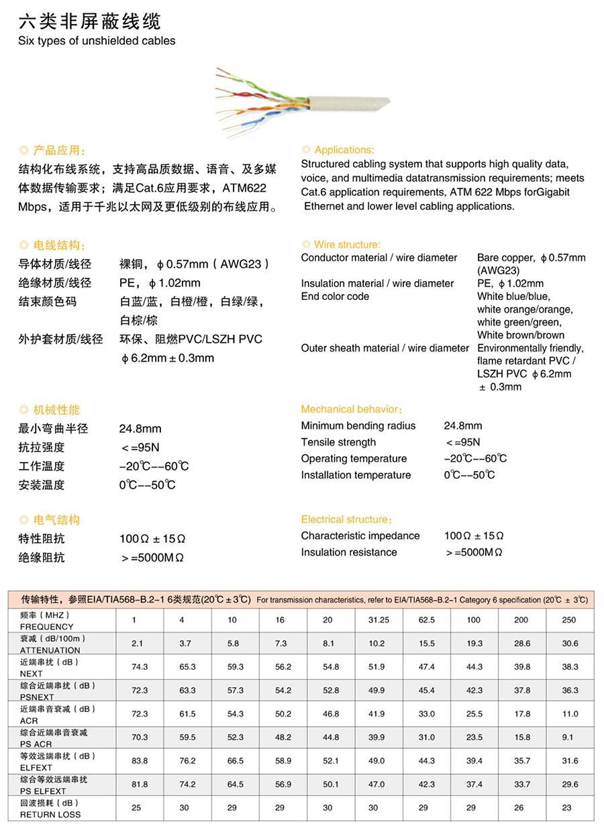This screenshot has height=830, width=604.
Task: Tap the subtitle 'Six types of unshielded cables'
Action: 97,41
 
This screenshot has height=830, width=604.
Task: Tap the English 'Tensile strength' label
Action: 338,442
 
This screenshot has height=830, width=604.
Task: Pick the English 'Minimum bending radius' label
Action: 358,426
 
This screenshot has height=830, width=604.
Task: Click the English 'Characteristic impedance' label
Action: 360,535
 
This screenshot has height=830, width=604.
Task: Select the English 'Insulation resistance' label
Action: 349,552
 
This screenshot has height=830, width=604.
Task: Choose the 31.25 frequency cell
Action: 379,620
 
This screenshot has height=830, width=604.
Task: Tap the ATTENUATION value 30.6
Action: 570,643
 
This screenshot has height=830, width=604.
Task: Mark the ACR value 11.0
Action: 570,714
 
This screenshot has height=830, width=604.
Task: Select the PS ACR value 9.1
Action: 568,737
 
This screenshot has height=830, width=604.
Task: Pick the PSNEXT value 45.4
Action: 426,690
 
